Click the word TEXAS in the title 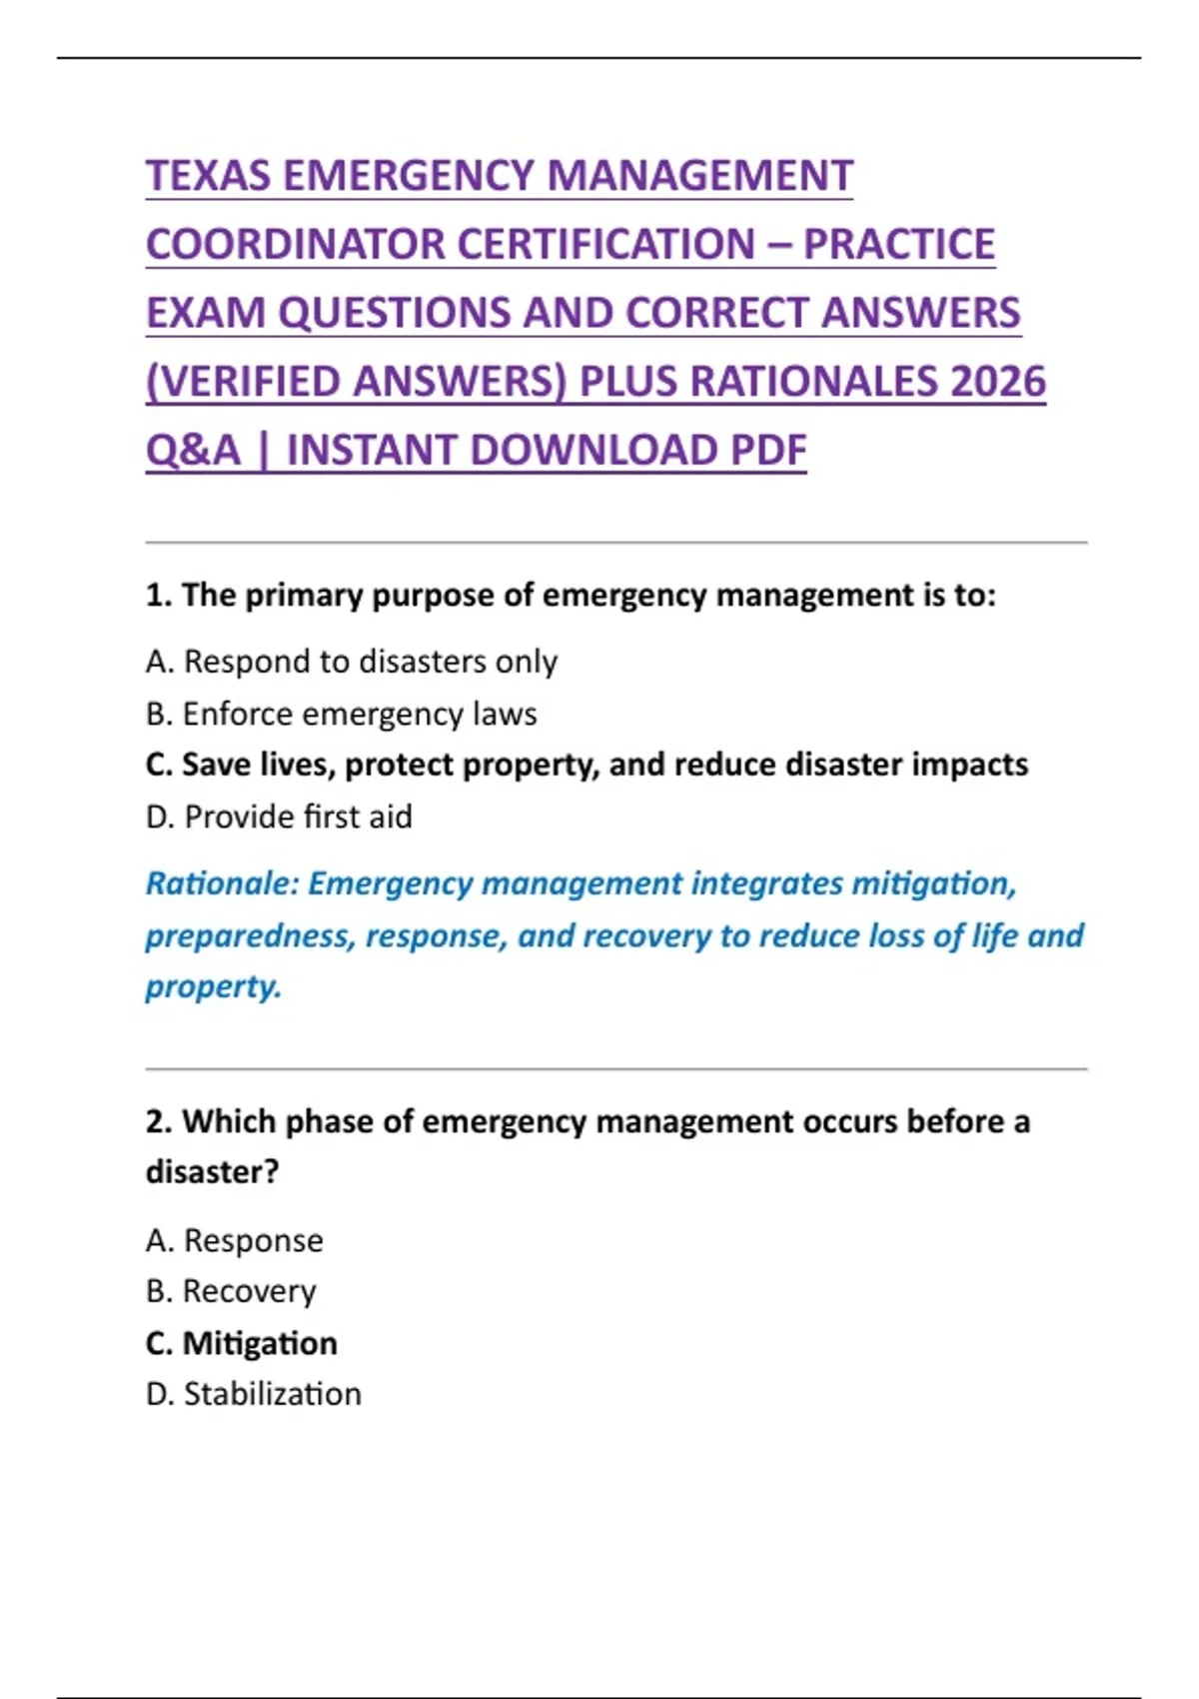coord(208,176)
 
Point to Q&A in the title coord(193,451)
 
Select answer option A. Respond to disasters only coord(351,662)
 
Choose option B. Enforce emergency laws coord(341,714)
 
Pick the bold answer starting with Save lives coord(587,765)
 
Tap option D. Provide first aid coord(279,817)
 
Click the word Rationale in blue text coord(222,883)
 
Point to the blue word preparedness coord(250,936)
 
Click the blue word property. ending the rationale coord(213,986)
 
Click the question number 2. coord(159,1121)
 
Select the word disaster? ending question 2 coord(212,1171)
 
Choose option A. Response coord(234,1240)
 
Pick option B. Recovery coord(231,1291)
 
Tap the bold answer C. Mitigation coord(241,1343)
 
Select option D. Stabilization coord(253,1394)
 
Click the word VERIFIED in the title coord(261,382)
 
